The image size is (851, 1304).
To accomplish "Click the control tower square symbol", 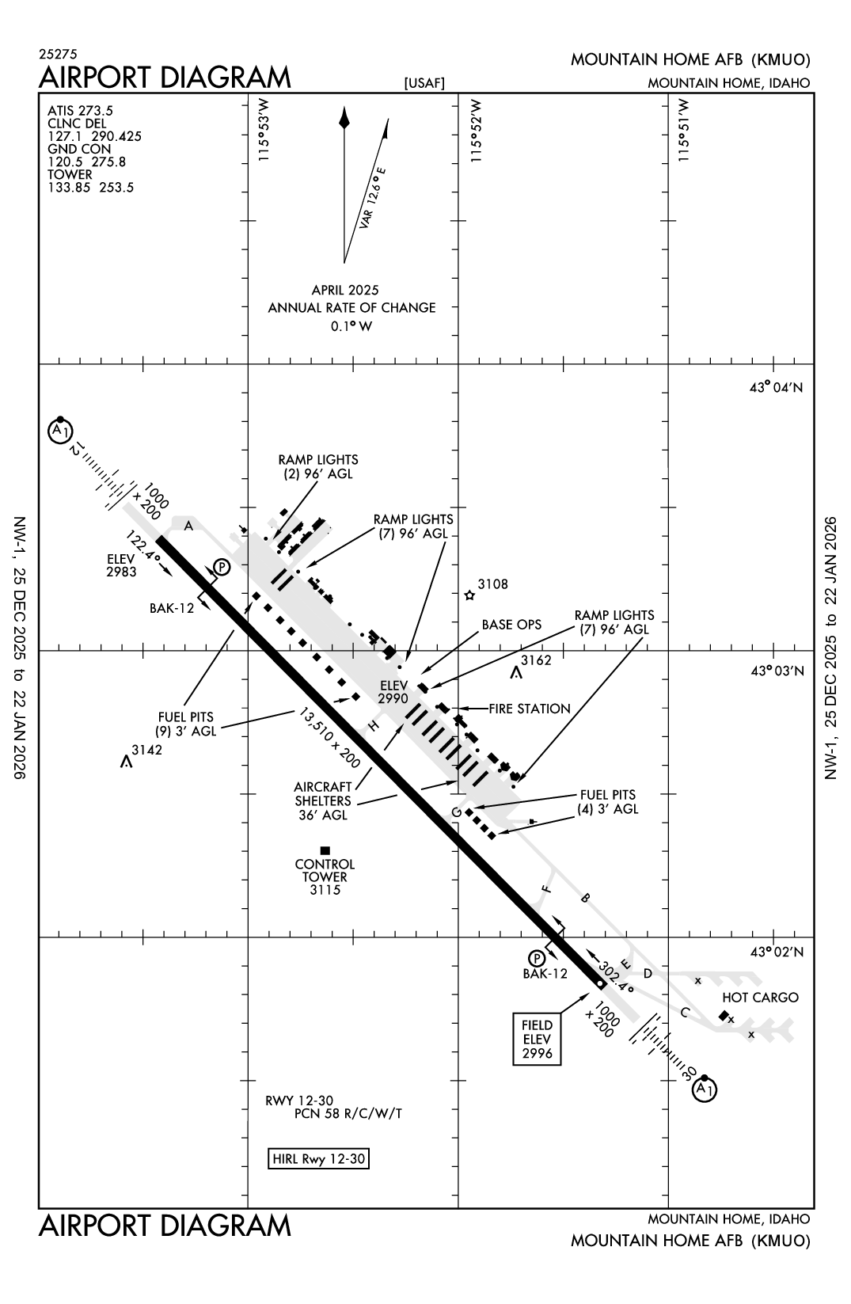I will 325,850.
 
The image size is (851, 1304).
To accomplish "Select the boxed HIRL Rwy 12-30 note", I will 320,1159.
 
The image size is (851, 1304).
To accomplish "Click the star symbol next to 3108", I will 469,595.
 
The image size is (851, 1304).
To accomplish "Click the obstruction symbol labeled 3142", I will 125,762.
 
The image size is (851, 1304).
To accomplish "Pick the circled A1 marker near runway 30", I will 704,1089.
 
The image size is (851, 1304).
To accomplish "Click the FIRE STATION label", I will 529,709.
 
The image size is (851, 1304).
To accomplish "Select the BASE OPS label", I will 511,625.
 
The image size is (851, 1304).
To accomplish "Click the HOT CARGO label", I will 759,998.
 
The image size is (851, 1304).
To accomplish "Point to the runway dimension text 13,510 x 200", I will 329,738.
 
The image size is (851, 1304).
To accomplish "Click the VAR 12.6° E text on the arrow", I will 372,198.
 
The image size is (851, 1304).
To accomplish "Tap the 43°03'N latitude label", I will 777,671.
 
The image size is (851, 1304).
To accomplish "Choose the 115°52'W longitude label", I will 475,131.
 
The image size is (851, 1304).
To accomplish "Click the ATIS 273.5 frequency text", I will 80,111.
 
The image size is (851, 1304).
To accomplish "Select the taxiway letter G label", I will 456,812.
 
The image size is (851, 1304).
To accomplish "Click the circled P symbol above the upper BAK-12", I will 222,567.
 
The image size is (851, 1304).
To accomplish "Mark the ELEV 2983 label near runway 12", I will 122,565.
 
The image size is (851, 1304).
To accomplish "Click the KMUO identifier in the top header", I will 781,59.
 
